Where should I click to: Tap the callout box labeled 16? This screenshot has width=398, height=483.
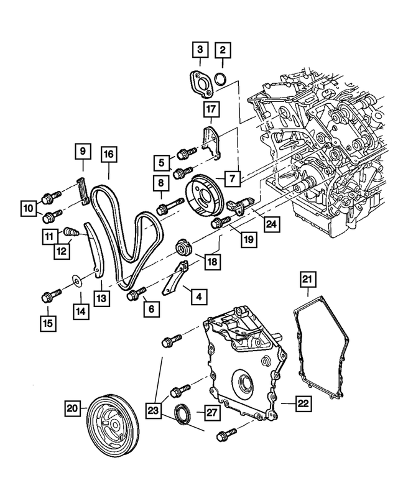pyautogui.click(x=108, y=155)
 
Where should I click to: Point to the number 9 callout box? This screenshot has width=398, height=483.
pyautogui.click(x=83, y=151)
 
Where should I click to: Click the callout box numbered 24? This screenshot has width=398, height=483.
pyautogui.click(x=271, y=223)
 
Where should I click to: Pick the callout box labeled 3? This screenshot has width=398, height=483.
pyautogui.click(x=200, y=49)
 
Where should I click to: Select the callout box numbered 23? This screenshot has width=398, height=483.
pyautogui.click(x=154, y=410)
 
